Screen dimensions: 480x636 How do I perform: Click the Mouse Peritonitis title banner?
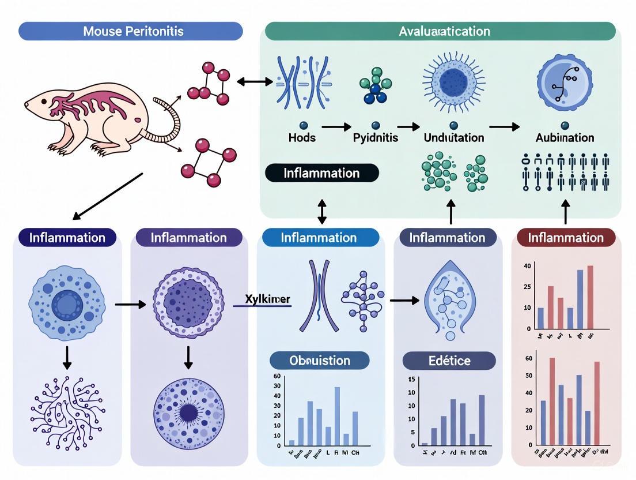click(131, 31)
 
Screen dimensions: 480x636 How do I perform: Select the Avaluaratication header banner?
click(444, 31)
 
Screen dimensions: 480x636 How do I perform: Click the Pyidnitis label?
click(375, 138)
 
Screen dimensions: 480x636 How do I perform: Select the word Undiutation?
click(453, 138)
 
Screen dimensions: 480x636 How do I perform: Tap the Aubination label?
click(565, 138)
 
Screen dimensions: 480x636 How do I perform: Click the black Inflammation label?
click(321, 173)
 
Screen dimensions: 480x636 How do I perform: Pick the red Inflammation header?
click(566, 238)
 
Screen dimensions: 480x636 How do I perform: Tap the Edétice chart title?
click(449, 361)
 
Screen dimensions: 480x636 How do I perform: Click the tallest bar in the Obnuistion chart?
click(337, 415)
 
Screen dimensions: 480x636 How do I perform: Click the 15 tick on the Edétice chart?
click(411, 379)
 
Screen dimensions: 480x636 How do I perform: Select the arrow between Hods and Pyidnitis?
click(336, 126)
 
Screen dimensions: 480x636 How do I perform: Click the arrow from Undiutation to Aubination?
click(504, 126)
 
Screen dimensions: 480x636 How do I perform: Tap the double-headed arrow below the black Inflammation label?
click(321, 211)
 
